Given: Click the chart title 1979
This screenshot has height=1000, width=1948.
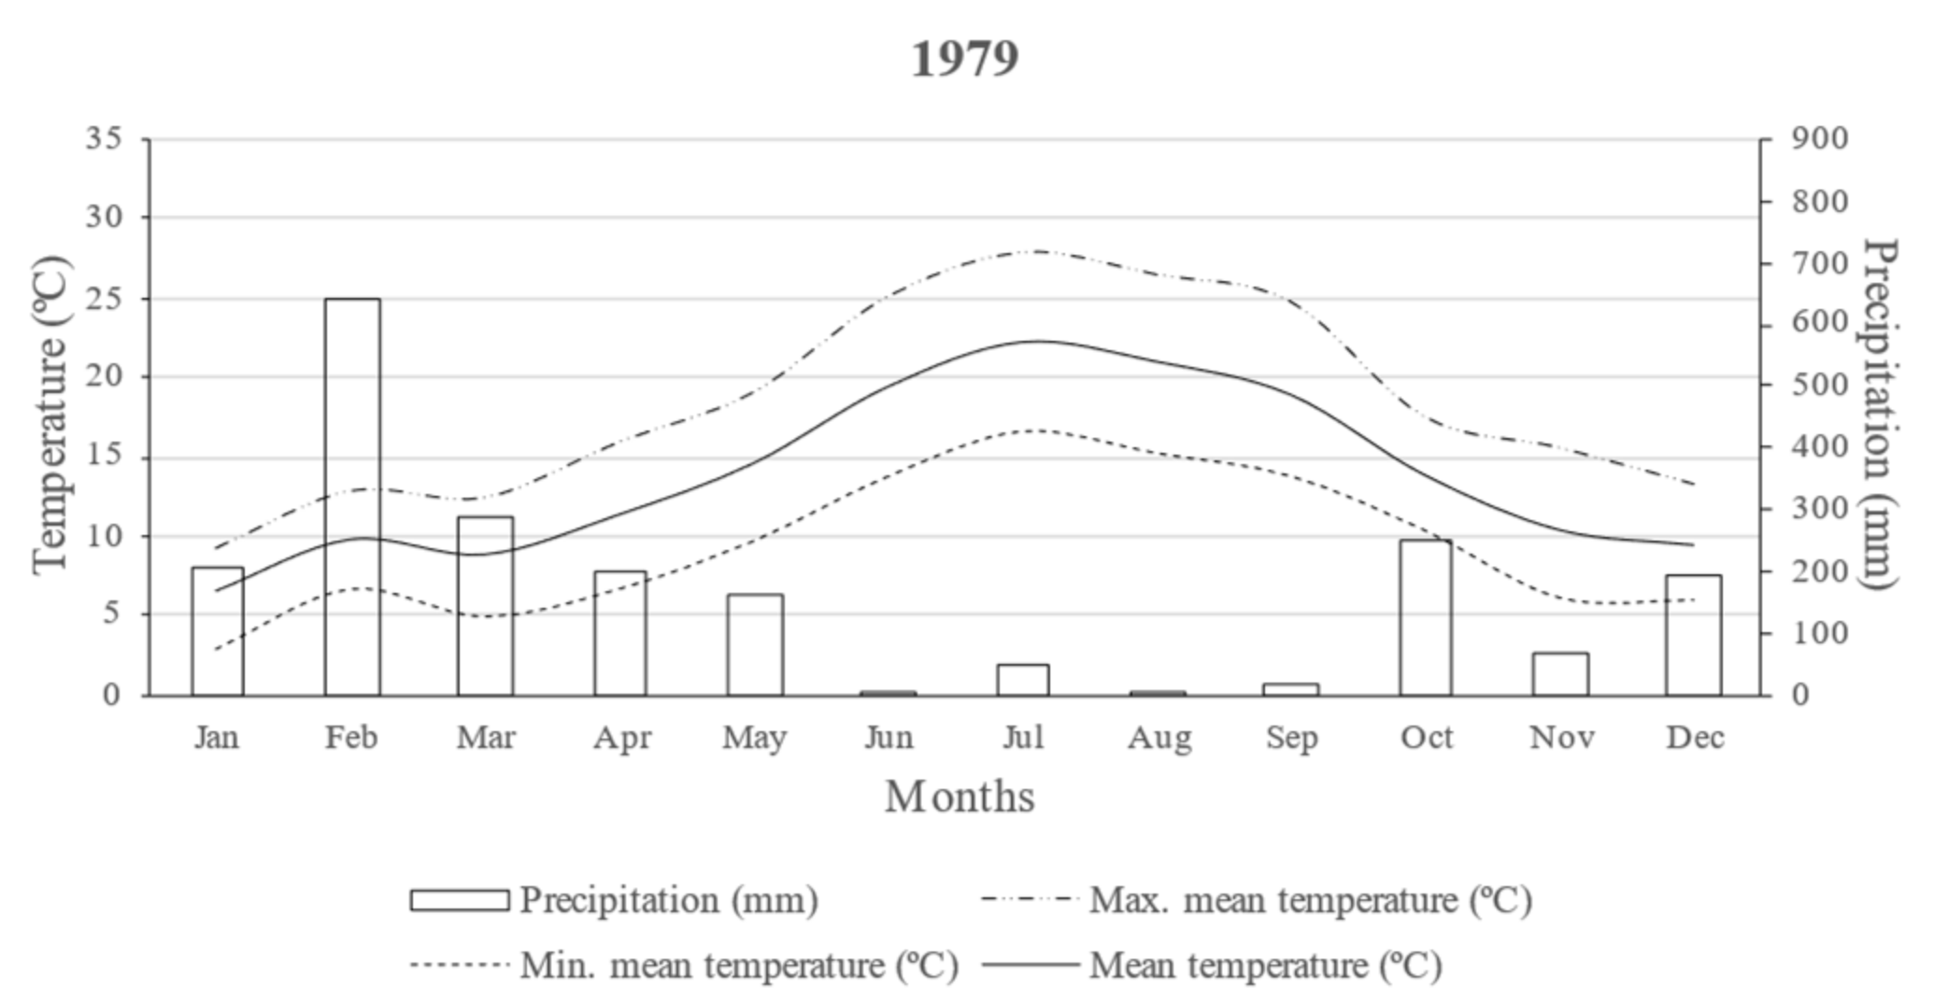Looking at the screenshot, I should pos(964,58).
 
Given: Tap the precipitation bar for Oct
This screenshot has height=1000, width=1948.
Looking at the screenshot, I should pos(1426,617).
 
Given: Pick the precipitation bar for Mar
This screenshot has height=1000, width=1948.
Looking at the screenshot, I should pos(485,606).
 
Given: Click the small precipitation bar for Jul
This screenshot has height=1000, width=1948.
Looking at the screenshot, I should pos(1022,680).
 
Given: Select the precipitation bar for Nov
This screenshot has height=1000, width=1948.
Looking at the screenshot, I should pos(1559,674).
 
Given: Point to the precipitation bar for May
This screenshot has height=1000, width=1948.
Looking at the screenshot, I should pos(755,644).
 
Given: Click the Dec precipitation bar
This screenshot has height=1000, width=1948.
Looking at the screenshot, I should pos(1693,635).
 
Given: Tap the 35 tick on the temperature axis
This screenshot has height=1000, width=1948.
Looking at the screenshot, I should pos(104,138).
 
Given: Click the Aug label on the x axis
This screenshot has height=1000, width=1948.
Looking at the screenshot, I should pos(1159,738).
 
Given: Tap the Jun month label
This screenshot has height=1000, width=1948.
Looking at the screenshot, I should pos(889,738).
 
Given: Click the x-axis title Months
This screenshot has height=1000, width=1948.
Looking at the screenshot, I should pos(960,796).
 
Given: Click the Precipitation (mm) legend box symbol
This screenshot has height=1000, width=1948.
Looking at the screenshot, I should pos(460,900).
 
